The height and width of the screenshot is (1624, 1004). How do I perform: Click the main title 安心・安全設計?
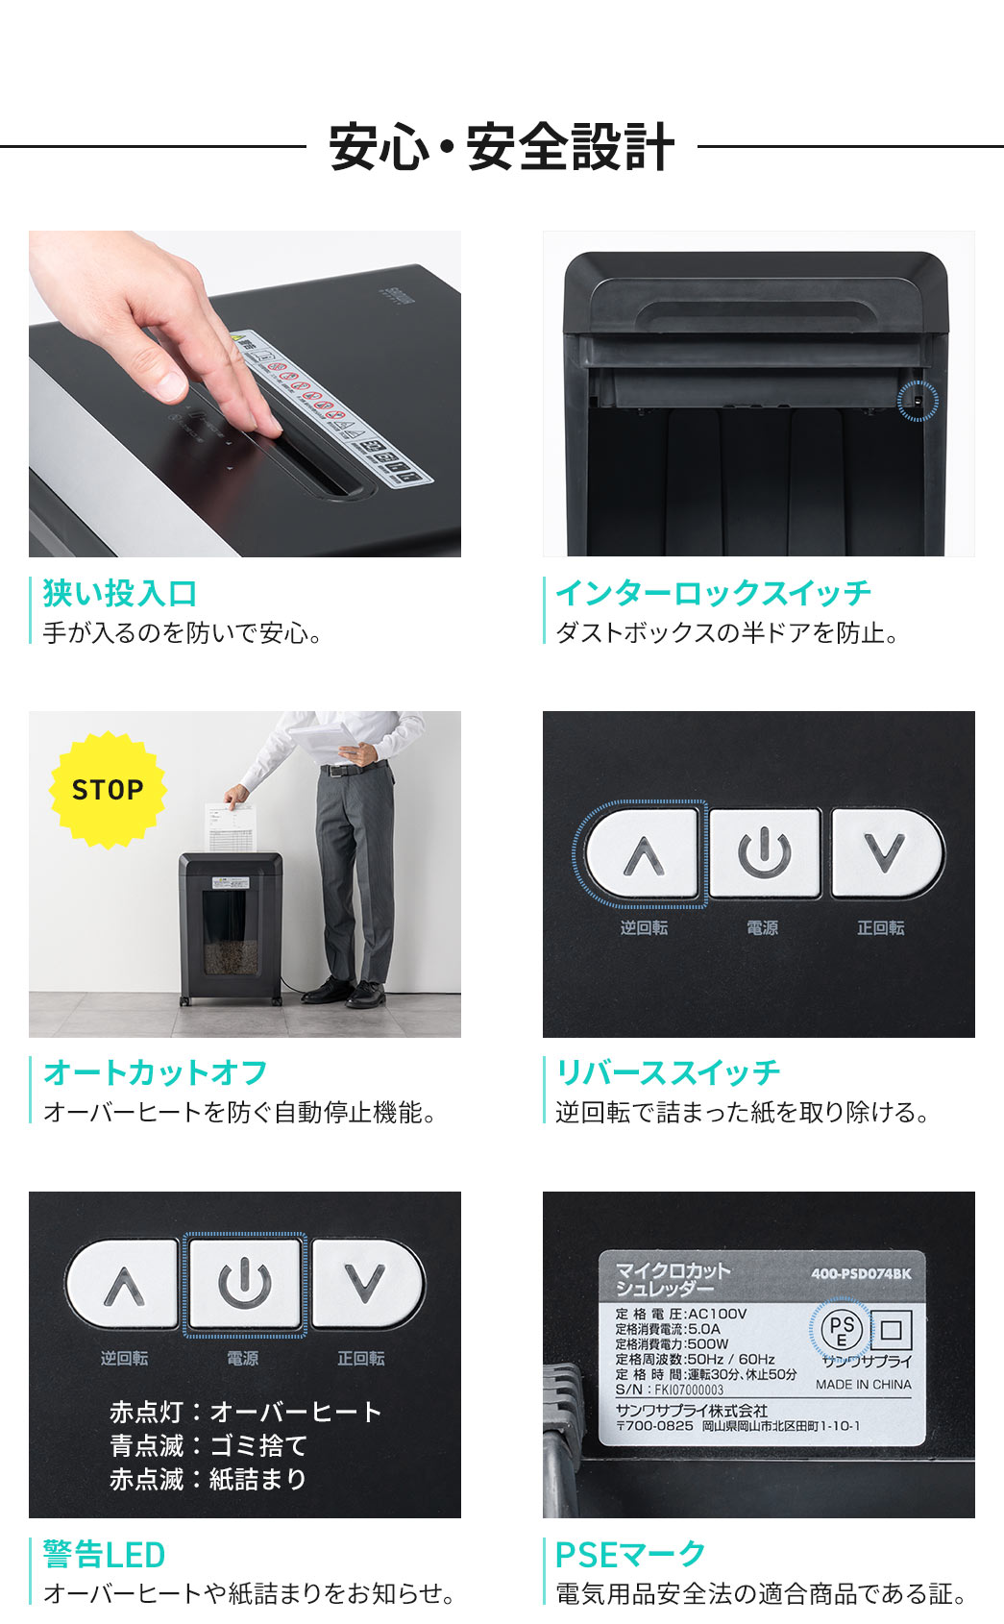[502, 147]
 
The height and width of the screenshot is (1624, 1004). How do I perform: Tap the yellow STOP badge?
[108, 790]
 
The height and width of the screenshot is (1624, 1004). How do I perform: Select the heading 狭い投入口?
[120, 594]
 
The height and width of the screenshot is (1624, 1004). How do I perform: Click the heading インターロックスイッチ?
[713, 593]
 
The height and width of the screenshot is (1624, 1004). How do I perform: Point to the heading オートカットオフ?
[156, 1072]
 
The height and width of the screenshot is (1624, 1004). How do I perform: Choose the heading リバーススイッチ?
[668, 1072]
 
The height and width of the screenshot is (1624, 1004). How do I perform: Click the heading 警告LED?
[104, 1554]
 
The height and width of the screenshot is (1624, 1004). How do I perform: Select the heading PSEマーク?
[630, 1554]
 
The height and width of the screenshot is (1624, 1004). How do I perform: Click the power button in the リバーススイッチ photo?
[765, 853]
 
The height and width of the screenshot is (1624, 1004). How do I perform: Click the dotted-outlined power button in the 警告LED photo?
[245, 1284]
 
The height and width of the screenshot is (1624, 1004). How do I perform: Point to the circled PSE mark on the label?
[842, 1331]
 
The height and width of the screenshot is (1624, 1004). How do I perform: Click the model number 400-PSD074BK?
[861, 1273]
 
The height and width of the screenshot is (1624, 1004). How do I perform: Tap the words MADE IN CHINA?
[864, 1385]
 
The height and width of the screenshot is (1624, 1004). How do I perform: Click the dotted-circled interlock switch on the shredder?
[917, 400]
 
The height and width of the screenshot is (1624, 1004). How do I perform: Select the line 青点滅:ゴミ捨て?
[208, 1445]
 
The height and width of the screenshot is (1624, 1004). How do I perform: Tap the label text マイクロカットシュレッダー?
[672, 1279]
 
